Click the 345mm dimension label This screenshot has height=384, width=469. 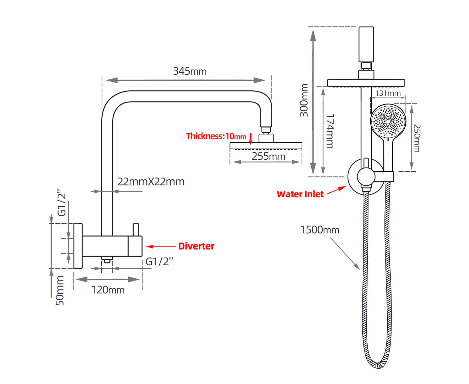point(190,71)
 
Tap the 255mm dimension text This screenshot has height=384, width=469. point(268,156)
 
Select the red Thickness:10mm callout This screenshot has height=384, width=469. point(216,136)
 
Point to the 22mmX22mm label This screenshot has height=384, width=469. point(151,182)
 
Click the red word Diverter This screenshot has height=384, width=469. point(196,246)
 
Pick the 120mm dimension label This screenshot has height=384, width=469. point(108,290)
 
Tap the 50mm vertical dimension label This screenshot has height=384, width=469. point(60,290)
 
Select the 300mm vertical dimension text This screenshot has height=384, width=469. point(304,100)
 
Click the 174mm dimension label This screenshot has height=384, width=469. point(330,131)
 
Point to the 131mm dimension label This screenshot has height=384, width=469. point(388,93)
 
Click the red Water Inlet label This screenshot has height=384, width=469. point(300,194)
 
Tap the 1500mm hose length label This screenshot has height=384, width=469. point(320,230)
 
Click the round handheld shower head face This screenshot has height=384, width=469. point(388,121)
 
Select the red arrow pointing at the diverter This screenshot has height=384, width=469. point(161,246)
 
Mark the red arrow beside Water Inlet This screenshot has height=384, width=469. point(336,190)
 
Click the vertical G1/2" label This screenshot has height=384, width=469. point(62,204)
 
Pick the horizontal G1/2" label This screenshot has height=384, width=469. point(159,261)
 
